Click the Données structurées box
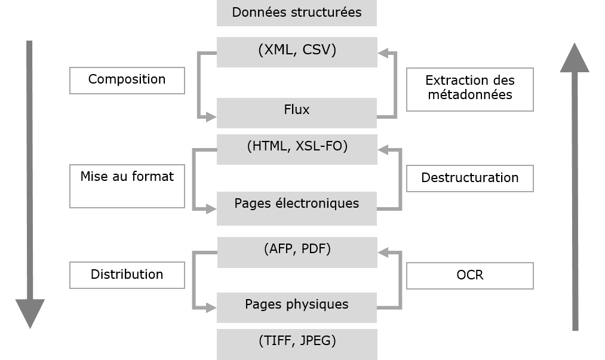pos(296,13)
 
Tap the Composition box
pos(127,80)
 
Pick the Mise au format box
pos(127,186)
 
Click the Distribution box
pos(127,275)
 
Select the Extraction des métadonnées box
pos(469,89)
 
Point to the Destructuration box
pos(469,178)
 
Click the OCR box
pos(469,275)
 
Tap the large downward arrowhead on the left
pos(30,313)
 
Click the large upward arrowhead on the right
pos(575,59)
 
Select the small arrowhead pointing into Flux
pos(211,118)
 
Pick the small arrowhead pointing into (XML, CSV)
pos(383,54)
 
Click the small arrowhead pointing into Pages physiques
pos(211,308)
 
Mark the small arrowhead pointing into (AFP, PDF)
pos(383,253)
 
